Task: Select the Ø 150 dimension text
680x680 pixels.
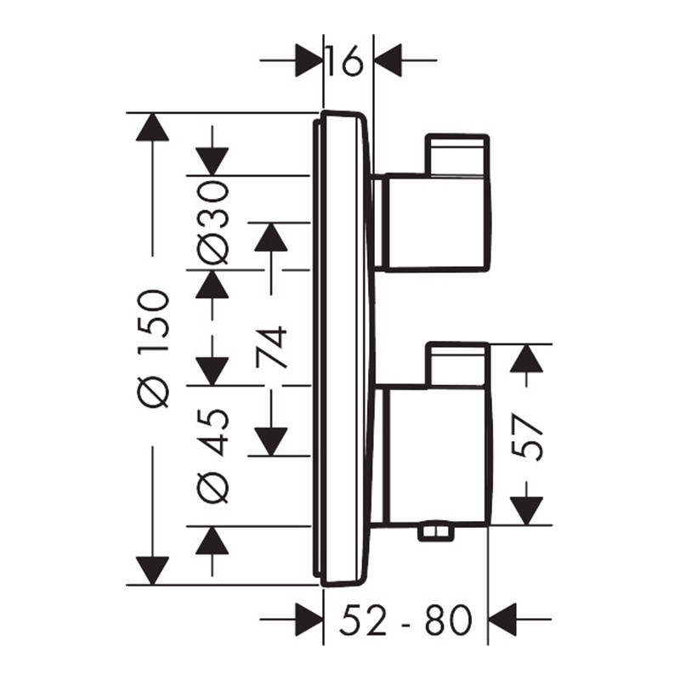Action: tap(152, 349)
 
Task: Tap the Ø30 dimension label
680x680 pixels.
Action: tap(212, 223)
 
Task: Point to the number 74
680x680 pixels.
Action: tap(271, 347)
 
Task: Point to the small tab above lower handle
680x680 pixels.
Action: tap(457, 364)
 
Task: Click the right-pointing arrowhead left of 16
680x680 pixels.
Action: tap(309, 60)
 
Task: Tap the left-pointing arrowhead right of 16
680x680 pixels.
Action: tap(388, 60)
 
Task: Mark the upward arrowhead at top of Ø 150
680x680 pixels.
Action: tap(152, 127)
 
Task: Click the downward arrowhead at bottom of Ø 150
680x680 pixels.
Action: tap(152, 570)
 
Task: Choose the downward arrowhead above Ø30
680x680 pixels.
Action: tap(212, 161)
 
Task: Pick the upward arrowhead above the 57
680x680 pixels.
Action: tap(526, 358)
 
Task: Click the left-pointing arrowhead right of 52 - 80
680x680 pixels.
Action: tap(502, 620)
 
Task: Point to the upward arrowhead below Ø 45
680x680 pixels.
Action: tap(212, 540)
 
